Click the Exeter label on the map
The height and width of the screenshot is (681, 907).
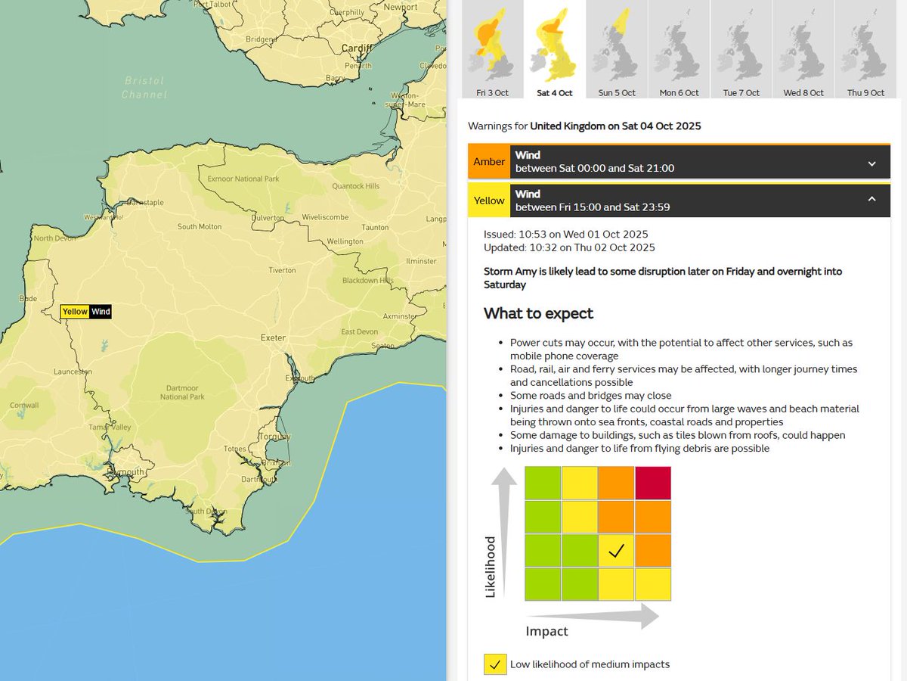click(273, 337)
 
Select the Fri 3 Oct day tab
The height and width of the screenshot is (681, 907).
click(492, 50)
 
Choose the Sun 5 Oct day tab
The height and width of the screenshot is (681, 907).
click(617, 50)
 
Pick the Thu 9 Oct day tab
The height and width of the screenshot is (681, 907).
click(865, 50)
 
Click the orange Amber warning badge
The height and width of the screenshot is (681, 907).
click(489, 162)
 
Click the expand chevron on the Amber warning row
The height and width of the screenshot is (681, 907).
click(871, 163)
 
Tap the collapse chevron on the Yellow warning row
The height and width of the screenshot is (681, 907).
click(871, 200)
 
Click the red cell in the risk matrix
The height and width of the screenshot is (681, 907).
click(653, 483)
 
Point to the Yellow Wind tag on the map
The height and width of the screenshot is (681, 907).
click(86, 312)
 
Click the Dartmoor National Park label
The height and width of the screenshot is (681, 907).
click(183, 392)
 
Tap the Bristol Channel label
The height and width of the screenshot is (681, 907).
click(144, 87)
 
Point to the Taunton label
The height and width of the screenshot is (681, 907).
click(376, 226)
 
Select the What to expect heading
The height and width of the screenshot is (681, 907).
click(538, 313)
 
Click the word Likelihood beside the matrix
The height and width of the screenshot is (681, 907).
click(490, 567)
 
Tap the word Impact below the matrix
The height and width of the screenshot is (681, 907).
click(546, 631)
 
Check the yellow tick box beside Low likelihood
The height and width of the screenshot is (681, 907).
click(495, 664)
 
